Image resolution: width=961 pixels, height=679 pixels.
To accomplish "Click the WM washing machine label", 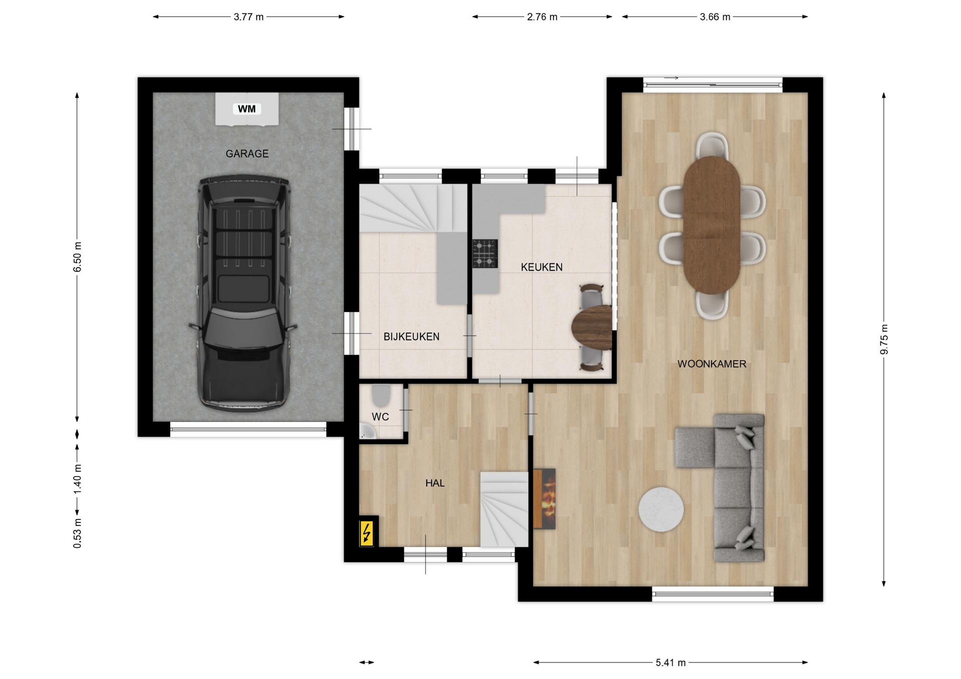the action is point(247,108).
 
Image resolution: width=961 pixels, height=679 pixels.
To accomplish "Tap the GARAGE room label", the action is point(247,153).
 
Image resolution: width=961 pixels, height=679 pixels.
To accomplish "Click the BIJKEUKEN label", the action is point(411,336).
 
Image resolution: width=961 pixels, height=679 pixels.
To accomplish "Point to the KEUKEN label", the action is point(542,267).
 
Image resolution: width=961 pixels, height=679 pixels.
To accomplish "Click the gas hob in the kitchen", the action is point(485,253).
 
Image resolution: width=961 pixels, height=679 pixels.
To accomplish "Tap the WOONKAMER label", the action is point(712,364).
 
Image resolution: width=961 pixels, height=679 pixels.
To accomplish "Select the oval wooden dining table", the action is point(711,225).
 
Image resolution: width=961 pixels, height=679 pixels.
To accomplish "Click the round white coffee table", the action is point(661,509).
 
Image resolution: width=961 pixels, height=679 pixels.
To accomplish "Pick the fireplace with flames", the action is point(545,498).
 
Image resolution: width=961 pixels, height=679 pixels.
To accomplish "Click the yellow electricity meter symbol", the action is point(367,533).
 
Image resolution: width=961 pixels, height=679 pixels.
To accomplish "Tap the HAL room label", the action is point(435,483).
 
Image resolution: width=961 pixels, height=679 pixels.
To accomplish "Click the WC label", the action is point(380,416).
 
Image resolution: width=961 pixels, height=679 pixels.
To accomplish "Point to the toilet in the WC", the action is point(381,395).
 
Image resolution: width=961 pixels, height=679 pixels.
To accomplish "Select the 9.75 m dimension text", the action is point(884,339).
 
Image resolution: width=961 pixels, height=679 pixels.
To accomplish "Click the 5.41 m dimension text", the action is point(671,662).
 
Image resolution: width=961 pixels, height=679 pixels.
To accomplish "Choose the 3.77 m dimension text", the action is point(249,17).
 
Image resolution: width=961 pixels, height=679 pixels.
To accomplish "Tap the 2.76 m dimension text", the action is point(542,17).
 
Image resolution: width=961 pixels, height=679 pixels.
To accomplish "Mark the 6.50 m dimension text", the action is point(77,257).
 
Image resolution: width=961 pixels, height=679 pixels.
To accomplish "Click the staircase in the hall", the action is point(505,509).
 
